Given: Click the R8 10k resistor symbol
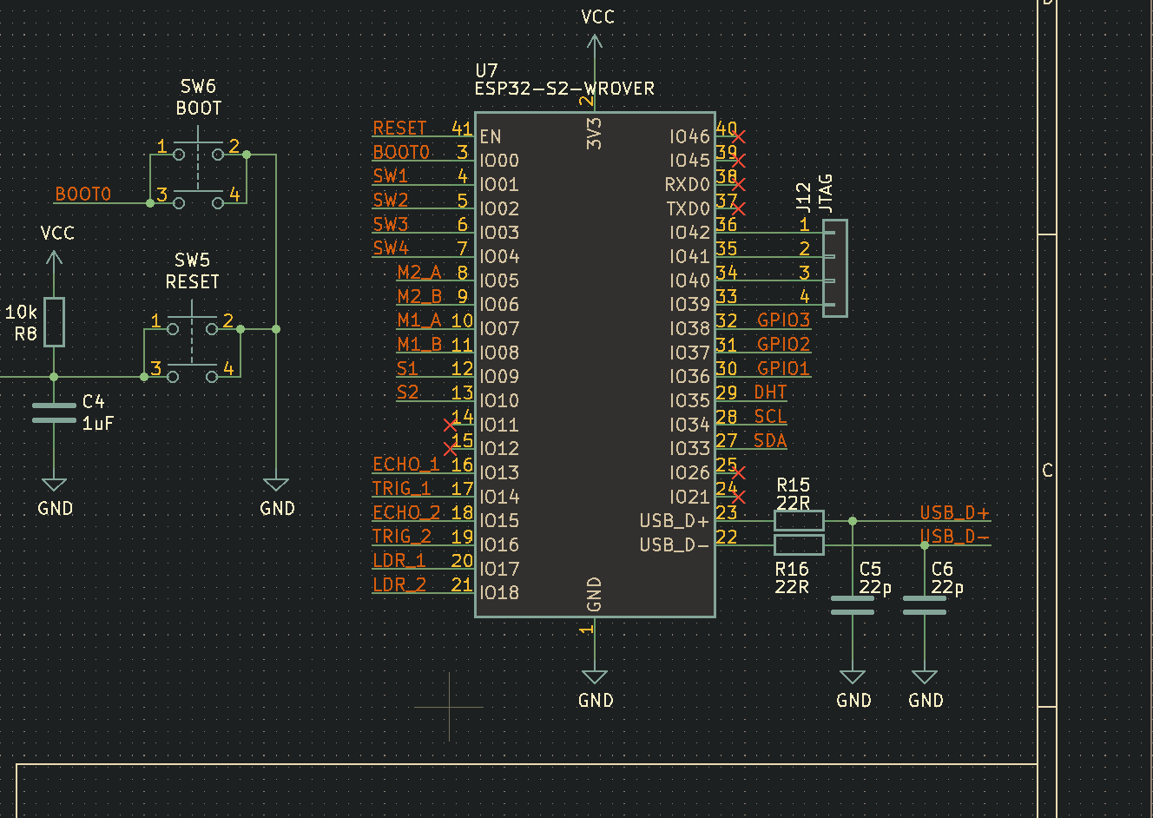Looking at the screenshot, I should pos(54,322).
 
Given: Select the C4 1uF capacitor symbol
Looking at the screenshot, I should pos(54,412).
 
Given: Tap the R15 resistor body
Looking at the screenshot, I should pos(798,521).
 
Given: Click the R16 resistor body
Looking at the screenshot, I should pos(798,545).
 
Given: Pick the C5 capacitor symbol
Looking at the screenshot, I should pos(853,605).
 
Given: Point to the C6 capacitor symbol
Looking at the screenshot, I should pos(925,605).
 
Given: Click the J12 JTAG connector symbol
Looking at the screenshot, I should pos(834,268).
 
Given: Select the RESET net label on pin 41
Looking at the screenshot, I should pos(399,129).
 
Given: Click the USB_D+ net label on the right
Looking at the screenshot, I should pos(954,513).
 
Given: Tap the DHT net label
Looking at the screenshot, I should pos(770,393).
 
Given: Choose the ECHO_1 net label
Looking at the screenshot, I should pos(405,465).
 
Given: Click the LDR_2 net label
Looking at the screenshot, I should pos(399,584).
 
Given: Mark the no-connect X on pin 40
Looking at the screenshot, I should pos(738,136).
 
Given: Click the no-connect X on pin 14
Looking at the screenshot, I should pos(450,425).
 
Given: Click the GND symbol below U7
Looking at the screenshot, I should pos(595,677).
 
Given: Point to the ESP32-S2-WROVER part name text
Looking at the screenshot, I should pos(564,89).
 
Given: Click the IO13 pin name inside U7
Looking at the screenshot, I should pos(499,472).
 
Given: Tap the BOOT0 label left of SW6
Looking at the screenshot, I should pos(83,195).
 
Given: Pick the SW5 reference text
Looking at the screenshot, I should pos(192,261).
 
